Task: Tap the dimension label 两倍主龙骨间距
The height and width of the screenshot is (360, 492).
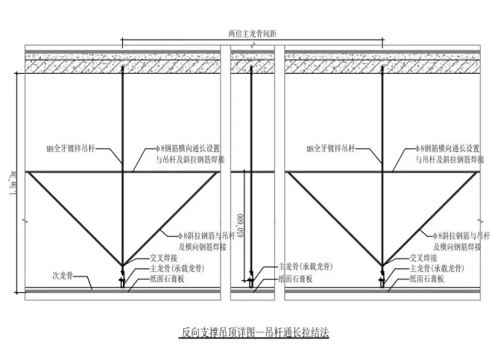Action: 253,34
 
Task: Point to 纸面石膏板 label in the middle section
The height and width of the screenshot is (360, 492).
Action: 297,278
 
